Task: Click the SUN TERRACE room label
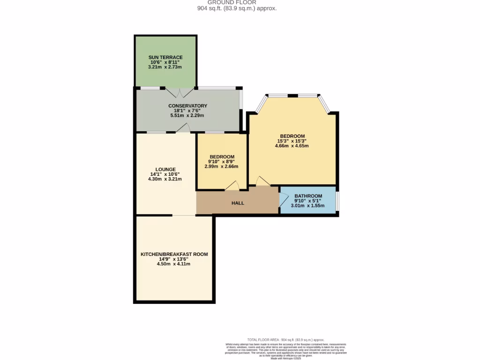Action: click(x=165, y=57)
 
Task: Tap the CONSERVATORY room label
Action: click(x=187, y=106)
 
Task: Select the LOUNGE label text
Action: click(x=165, y=169)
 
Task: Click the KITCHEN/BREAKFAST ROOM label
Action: click(x=174, y=254)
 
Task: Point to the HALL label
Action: click(x=238, y=203)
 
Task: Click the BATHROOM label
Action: click(x=308, y=196)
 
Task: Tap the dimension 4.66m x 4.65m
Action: click(x=292, y=146)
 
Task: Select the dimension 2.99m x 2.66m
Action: click(x=222, y=166)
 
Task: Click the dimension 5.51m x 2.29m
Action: click(x=187, y=115)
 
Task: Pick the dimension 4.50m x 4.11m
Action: click(x=174, y=264)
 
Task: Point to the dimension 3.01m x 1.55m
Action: click(x=308, y=205)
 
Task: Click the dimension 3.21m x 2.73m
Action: click(x=165, y=67)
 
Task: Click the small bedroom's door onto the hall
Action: click(x=232, y=187)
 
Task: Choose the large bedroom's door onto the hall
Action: click(x=263, y=181)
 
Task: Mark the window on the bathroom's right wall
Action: click(x=337, y=200)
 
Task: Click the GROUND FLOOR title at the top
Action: click(x=238, y=2)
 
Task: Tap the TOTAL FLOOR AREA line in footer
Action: click(x=285, y=339)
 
